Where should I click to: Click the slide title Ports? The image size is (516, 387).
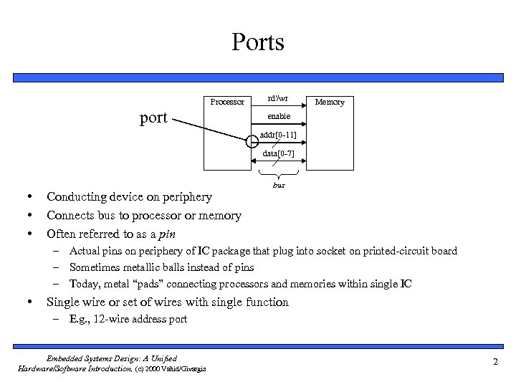258,42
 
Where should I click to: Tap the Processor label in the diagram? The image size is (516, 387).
227,102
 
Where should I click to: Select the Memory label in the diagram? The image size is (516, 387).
330,102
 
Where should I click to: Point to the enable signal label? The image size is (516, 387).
279,115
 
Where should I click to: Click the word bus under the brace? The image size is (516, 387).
279,185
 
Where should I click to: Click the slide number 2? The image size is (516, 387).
495,363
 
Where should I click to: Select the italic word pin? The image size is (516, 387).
167,234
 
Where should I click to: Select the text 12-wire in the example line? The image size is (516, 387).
106,319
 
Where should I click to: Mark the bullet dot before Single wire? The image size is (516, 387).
26,302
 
